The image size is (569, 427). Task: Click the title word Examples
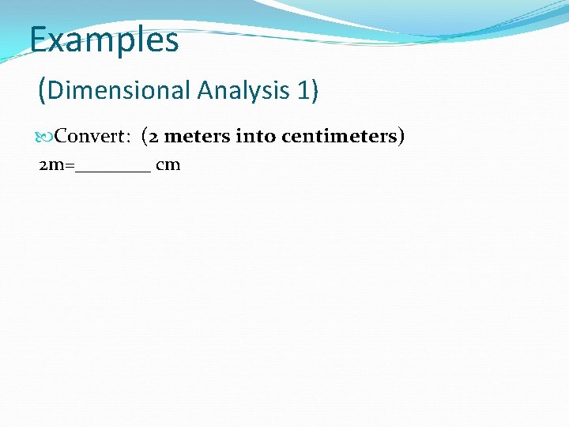pyautogui.click(x=104, y=40)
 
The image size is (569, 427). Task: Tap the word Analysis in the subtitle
pyautogui.click(x=243, y=91)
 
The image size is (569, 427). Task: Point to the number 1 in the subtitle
pyautogui.click(x=303, y=91)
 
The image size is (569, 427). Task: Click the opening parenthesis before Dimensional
pyautogui.click(x=42, y=91)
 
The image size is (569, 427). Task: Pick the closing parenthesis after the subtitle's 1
pyautogui.click(x=315, y=91)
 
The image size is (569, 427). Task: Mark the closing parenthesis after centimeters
pyautogui.click(x=401, y=137)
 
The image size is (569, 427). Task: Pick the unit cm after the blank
pyautogui.click(x=168, y=165)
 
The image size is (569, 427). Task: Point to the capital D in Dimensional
pyautogui.click(x=55, y=91)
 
